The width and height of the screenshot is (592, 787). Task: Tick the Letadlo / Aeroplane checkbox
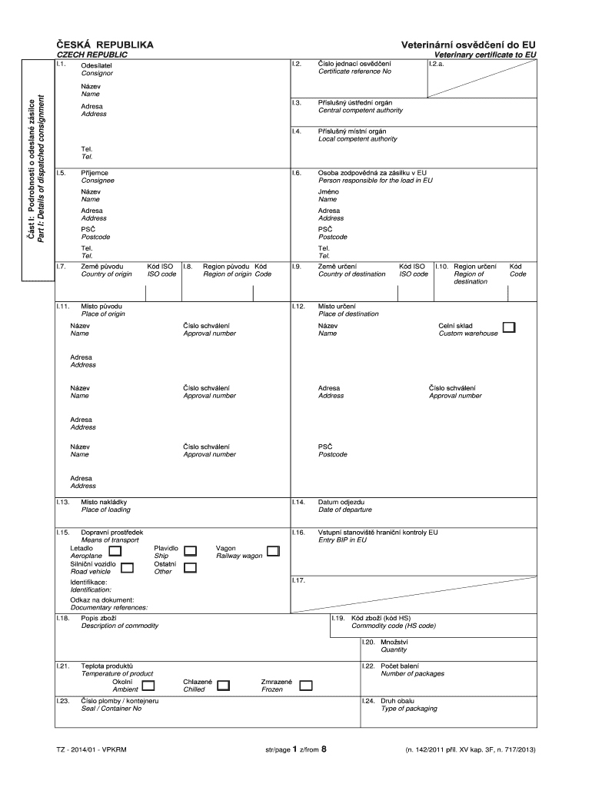115,551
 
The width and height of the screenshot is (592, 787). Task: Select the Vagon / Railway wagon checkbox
274,551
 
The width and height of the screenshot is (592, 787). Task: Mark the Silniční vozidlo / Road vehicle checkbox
128,568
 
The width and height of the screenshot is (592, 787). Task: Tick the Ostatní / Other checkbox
191,568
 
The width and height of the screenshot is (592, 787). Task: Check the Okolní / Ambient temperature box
148,686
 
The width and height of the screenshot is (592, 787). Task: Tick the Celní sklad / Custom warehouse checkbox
509,328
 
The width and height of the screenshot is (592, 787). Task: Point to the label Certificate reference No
354,71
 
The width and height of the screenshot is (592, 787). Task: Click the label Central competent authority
360,111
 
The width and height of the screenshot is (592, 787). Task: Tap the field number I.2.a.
437,64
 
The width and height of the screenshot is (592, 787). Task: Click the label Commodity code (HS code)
393,626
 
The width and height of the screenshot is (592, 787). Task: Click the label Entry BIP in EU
342,540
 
